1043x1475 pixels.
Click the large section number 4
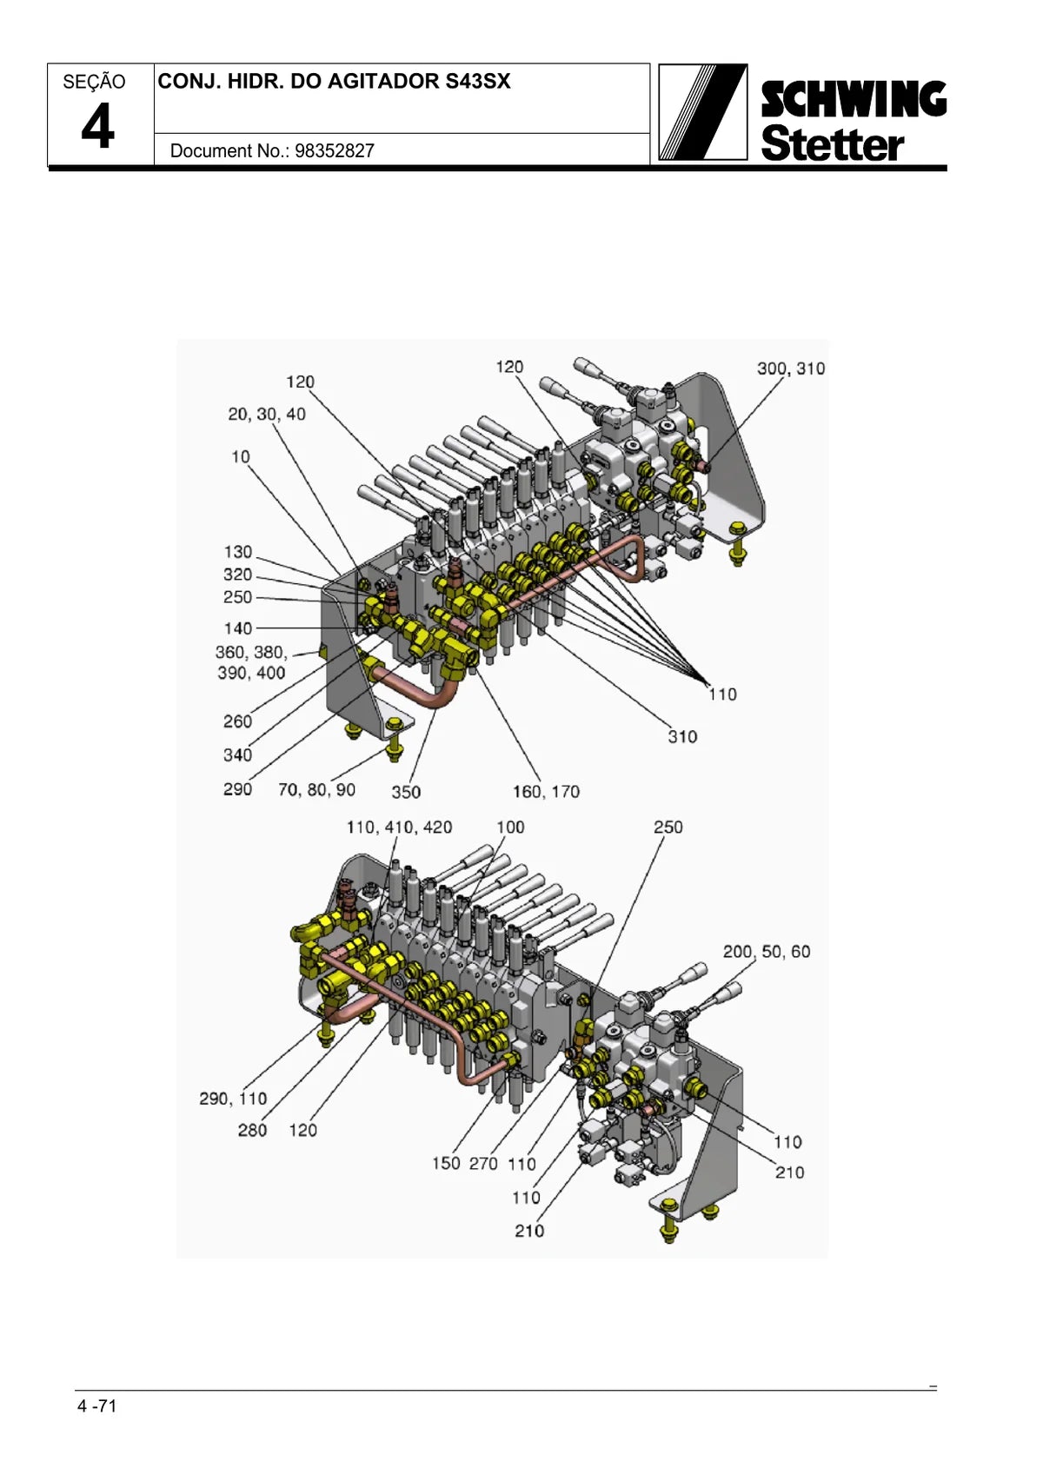[97, 127]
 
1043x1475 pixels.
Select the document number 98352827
[335, 150]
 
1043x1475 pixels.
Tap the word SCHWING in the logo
[854, 99]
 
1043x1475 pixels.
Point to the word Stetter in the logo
[833, 143]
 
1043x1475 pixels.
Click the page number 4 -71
[96, 1405]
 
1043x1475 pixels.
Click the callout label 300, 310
[791, 369]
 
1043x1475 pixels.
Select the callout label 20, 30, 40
[267, 415]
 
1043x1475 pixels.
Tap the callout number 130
[237, 552]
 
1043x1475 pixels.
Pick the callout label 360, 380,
[251, 652]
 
